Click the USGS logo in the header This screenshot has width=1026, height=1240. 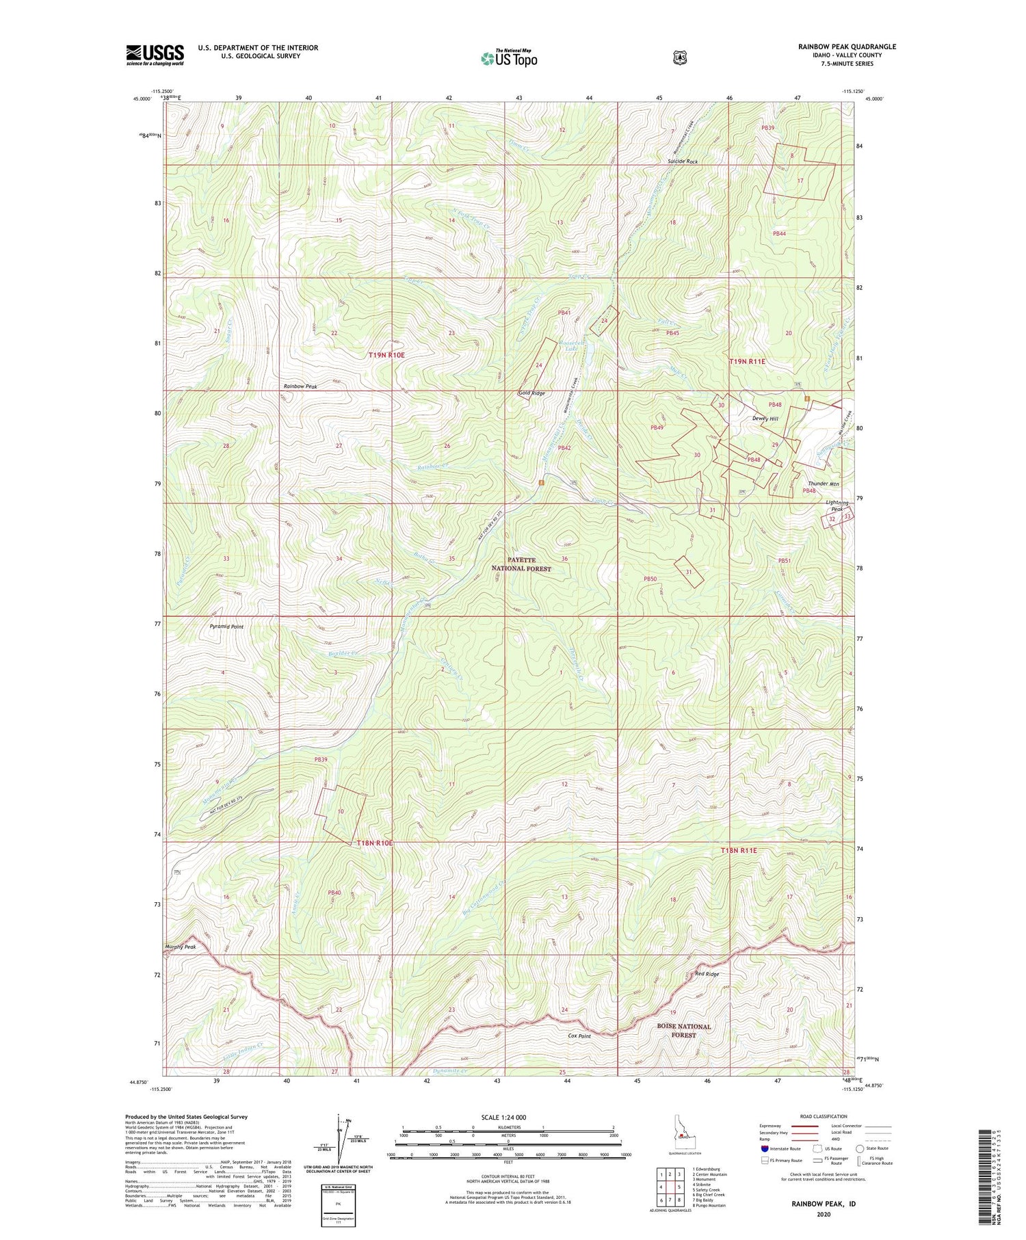click(x=155, y=55)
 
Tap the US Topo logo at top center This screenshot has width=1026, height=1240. click(x=509, y=58)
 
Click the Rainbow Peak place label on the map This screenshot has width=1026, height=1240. click(x=300, y=387)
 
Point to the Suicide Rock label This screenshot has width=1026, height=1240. click(x=683, y=162)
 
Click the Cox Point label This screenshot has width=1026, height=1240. click(x=579, y=1036)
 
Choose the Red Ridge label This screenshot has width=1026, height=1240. click(x=707, y=974)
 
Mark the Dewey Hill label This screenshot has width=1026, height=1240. click(x=765, y=419)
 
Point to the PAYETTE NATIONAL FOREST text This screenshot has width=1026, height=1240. click(x=522, y=564)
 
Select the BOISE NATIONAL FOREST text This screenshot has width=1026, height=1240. click(x=683, y=1031)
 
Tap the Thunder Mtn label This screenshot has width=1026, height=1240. click(x=824, y=484)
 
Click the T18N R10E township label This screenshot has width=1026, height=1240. click(x=375, y=843)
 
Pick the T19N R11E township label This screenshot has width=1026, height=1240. click(x=747, y=361)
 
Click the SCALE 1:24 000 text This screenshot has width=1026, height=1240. click(x=508, y=1117)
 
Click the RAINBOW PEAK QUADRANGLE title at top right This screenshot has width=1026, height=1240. click(x=846, y=47)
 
